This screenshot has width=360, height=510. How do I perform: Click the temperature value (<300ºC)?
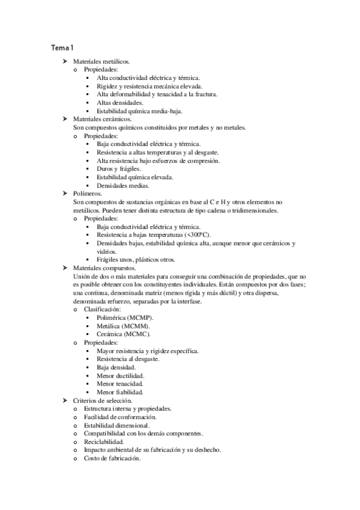[198, 235]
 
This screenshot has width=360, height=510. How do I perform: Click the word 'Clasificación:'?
[102, 309]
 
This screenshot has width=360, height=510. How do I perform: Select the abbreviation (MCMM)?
[136, 326]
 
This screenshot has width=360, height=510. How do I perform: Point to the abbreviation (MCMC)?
[137, 334]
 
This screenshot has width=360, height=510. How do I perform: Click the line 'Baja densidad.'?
[116, 367]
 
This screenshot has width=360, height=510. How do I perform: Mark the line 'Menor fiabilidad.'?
[120, 392]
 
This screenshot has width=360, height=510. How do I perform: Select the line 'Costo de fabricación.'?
[112, 458]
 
